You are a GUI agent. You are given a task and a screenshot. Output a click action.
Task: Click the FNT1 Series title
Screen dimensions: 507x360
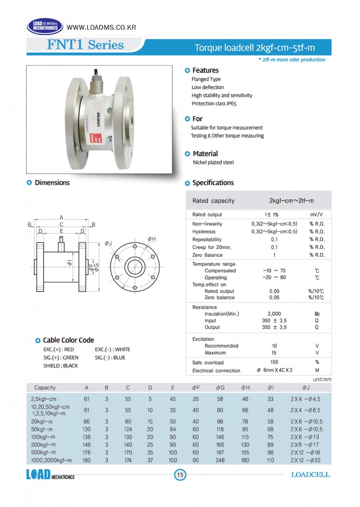pos(85,45)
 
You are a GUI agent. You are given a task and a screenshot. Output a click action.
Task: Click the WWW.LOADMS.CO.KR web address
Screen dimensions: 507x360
pos(101,27)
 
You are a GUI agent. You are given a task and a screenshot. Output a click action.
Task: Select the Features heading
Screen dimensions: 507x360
pos(205,70)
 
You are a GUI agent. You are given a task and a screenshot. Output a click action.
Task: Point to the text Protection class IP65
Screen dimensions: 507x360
pos(214,104)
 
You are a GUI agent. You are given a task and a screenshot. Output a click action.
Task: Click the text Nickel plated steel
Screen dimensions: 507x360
pos(213,163)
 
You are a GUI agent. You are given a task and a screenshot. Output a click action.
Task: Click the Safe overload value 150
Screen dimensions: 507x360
pos(274,362)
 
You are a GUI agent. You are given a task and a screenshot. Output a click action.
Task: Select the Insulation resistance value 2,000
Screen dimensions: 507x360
pos(274,314)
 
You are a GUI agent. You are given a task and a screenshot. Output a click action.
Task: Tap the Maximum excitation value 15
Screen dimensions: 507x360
pos(274,353)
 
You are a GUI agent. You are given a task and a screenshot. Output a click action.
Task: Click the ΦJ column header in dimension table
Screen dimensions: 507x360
pos(306,388)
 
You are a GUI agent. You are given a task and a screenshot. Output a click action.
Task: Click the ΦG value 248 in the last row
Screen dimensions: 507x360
pos(220,460)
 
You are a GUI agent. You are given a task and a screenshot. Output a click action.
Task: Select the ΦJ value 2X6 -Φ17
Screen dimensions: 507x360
pos(306,444)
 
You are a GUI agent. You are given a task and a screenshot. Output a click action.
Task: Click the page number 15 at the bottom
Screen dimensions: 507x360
pos(180,475)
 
